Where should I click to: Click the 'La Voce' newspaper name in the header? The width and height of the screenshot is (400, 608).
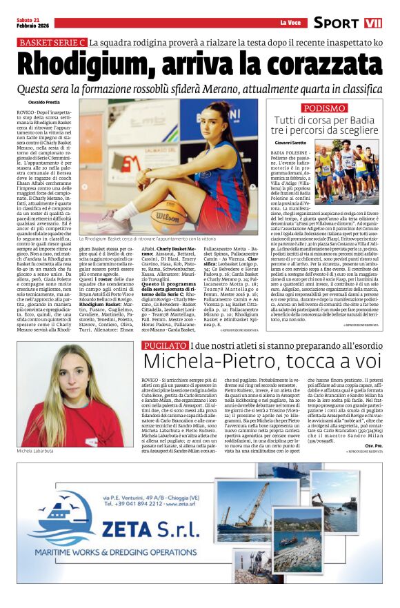coord(291,23)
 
